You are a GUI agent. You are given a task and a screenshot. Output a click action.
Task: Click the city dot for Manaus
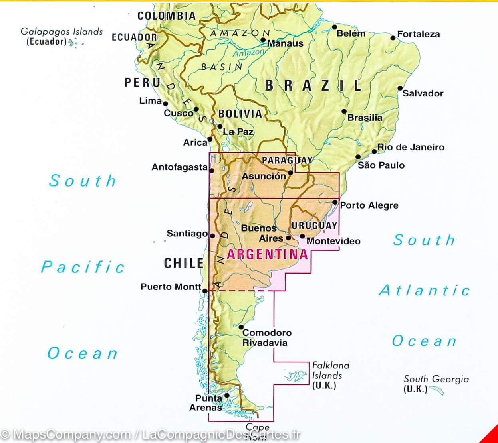pos(263,40)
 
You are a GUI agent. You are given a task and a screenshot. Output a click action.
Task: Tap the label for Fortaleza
pos(418,34)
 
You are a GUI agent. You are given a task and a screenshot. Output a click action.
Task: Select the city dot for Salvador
pos(400,88)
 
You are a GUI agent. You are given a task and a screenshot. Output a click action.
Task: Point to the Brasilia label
pos(365,118)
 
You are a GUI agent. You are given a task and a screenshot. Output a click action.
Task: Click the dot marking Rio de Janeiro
pos(374,151)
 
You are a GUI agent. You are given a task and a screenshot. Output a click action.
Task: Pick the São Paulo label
pos(381,165)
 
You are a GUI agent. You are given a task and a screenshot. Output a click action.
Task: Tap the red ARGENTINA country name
pos(267,254)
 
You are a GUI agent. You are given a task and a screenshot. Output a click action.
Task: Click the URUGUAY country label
pos(314,226)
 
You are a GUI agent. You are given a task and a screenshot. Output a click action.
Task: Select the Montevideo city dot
pos(302,236)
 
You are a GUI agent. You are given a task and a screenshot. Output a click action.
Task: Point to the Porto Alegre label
pos(369,205)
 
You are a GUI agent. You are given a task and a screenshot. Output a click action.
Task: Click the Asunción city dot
pos(291,173)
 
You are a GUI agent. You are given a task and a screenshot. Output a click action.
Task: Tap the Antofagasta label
pos(179,167)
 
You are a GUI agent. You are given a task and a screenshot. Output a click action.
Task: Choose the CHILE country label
pos(184,263)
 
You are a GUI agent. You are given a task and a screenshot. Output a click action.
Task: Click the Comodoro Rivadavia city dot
pos(241,327)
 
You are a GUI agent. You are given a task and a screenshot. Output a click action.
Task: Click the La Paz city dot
pos(220,127)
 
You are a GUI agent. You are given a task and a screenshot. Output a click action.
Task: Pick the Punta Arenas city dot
pos(227,396)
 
